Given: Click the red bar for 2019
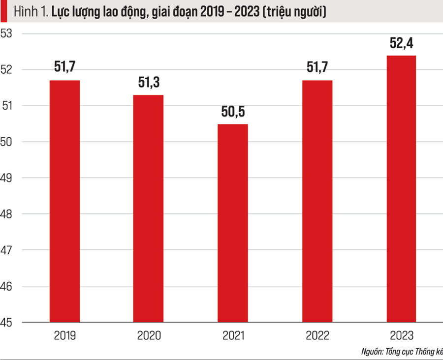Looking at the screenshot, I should coord(64,201).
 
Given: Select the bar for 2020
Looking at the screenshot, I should coord(148,209).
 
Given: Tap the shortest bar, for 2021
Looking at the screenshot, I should coord(232,223).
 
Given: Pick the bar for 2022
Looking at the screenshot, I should coord(317,201).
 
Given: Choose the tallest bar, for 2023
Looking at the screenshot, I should coord(401,189).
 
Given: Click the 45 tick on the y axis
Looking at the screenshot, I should coord(6,323).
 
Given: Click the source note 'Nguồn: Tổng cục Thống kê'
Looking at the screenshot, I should coord(402,352).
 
